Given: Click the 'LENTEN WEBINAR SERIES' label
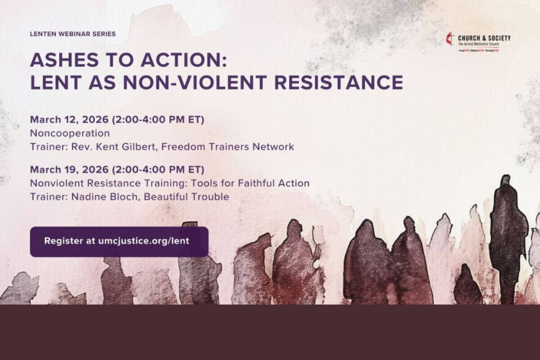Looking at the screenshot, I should click(x=72, y=34).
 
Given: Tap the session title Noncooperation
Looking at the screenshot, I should click(x=70, y=134).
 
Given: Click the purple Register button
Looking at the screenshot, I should click(x=119, y=242).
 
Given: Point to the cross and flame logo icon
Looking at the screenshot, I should click(x=450, y=39).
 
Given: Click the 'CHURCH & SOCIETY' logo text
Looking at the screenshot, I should click(x=484, y=38).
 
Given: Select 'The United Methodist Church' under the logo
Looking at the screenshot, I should click(x=478, y=45).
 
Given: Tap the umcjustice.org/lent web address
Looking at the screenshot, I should click(x=144, y=241).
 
